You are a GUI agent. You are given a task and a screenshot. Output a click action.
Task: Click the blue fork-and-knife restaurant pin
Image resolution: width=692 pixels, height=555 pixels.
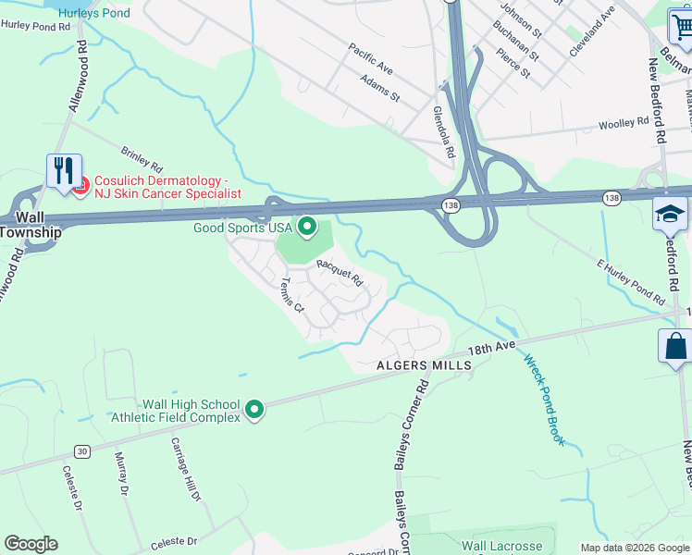pos(64,171)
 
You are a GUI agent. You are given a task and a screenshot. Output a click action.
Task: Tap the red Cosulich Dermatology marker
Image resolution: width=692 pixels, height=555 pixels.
pos(80,187)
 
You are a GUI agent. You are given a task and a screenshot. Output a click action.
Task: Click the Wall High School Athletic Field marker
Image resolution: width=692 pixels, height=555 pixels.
pos(254,409)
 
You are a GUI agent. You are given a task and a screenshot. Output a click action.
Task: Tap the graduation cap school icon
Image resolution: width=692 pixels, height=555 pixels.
pos(669,215)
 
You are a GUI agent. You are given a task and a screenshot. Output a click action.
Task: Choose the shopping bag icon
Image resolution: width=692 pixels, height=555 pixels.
pos(675,347)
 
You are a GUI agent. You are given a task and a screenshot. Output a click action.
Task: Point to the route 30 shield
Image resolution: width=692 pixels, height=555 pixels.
pos(82,451)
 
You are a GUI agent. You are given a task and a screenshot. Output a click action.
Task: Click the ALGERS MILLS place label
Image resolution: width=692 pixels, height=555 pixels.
pos(424,366)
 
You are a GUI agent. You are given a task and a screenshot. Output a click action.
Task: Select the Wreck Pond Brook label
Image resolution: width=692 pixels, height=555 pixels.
pos(544,401)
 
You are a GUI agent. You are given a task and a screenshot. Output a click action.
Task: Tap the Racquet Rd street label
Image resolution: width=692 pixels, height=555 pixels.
pos(340,272)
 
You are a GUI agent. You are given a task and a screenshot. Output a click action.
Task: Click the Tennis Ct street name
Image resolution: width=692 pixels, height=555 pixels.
pos(292,294)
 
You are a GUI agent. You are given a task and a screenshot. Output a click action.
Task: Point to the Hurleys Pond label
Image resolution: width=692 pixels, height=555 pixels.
pos(93,13)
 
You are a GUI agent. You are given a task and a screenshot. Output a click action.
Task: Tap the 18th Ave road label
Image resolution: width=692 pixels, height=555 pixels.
pos(490,349)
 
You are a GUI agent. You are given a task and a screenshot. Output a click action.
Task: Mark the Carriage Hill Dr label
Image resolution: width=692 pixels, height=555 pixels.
pos(185,469)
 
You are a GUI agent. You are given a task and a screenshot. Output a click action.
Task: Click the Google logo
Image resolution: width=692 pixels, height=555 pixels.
pos(31,544)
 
